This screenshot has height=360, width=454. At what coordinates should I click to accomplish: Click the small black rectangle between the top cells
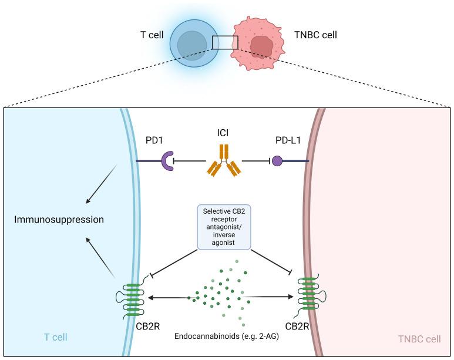click(x=225, y=43)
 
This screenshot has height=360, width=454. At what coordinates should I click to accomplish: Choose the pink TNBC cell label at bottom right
click(x=419, y=339)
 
